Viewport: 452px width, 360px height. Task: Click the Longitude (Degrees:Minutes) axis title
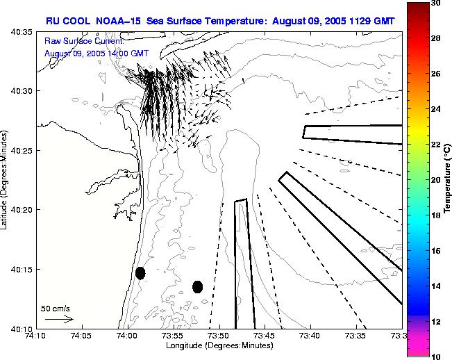point(219,345)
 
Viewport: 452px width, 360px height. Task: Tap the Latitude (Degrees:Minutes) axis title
point(5,180)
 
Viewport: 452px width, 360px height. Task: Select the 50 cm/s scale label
point(55,308)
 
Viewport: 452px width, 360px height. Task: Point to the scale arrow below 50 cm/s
point(59,319)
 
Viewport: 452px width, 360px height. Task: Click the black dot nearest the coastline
point(140,272)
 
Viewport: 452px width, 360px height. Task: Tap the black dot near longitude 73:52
point(197,286)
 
